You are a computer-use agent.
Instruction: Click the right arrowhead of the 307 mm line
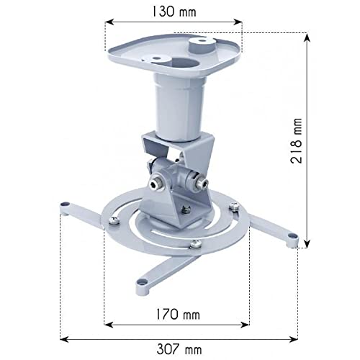coord(295,337)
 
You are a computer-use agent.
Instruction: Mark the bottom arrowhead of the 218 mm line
coord(307,245)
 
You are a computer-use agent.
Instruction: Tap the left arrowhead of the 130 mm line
coord(108,23)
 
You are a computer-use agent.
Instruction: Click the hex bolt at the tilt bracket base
coord(186,210)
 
